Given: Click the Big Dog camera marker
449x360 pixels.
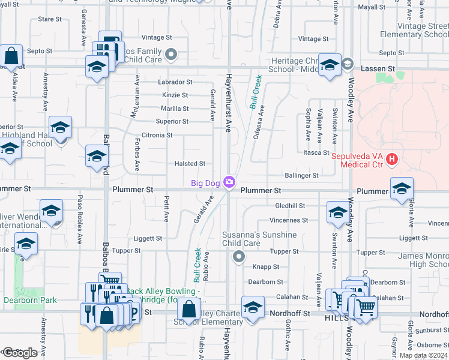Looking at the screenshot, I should (x=229, y=182).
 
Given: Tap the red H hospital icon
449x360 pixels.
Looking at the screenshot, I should (x=392, y=159).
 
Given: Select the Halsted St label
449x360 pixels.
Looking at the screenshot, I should (x=190, y=164).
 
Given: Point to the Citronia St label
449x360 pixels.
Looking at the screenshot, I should (x=157, y=136).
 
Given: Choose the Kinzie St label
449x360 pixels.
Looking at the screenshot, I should (x=175, y=95).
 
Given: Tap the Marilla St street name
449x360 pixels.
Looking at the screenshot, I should (x=174, y=109).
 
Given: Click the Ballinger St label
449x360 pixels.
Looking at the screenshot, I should (x=303, y=176).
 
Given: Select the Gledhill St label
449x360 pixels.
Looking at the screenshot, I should (x=291, y=206).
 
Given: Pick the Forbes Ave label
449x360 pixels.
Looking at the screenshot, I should (x=137, y=154).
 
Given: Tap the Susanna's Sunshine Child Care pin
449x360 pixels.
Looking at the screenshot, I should (x=239, y=257).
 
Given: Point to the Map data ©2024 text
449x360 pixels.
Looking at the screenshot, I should (x=423, y=355).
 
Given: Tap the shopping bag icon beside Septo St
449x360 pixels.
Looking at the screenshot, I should (x=11, y=57).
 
